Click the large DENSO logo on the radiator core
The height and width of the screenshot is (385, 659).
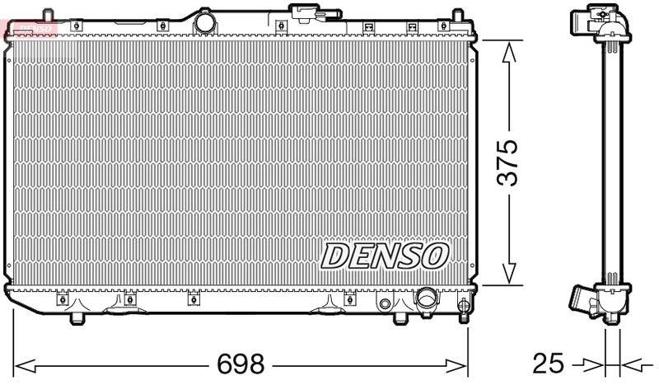pos(384,256)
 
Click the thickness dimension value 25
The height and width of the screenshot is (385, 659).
pos(549,363)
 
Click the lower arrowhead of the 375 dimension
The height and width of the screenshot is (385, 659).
pos(509,274)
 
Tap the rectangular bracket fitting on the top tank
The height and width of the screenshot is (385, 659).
pos(305,13)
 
